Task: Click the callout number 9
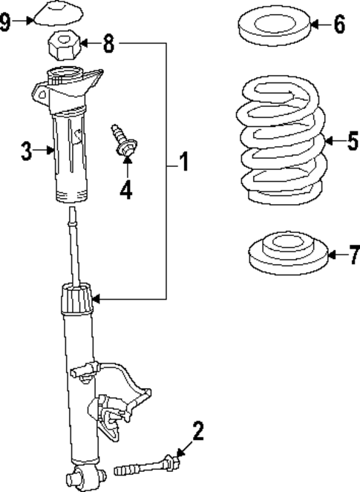click(x=6, y=22)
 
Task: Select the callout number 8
click(x=108, y=44)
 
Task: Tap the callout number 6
click(x=339, y=25)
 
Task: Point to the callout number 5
click(x=351, y=140)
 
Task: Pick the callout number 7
click(x=353, y=256)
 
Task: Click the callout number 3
click(x=26, y=153)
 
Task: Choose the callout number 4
click(x=126, y=190)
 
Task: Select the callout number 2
click(x=197, y=430)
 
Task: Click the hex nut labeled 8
click(x=63, y=47)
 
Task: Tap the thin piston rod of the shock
click(x=73, y=245)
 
